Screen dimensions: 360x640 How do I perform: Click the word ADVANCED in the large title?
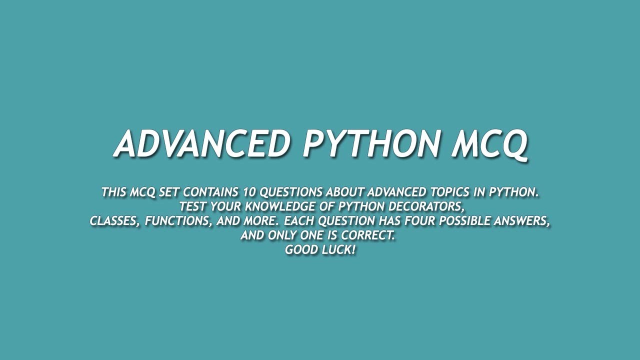tap(202, 143)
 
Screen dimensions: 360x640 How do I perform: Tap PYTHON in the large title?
tap(370, 143)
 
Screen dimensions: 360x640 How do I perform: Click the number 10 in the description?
tap(249, 192)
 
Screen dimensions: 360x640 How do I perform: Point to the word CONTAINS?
tap(210, 192)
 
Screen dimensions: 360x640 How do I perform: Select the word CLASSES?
tap(114, 221)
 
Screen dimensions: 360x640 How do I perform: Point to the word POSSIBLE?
tap(459, 221)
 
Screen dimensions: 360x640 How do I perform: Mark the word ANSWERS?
tap(521, 221)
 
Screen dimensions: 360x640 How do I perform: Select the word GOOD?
tap(301, 250)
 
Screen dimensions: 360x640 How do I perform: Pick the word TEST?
tap(192, 206)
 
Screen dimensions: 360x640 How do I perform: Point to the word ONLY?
tap(282, 235)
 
